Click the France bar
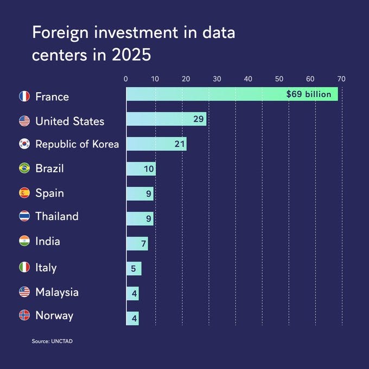click(232, 94)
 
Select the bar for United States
click(166, 119)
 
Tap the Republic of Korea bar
click(156, 144)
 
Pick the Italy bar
click(134, 269)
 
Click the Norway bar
click(132, 319)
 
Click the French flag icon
click(24, 96)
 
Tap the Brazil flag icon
click(24, 168)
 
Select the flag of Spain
click(24, 193)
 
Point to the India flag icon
click(24, 241)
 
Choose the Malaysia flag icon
click(24, 292)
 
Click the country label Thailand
click(57, 216)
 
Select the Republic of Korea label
click(77, 144)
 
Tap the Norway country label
click(54, 316)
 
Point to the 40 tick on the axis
click(248, 79)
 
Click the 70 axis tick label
click(341, 79)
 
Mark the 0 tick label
click(126, 79)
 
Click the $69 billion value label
click(309, 94)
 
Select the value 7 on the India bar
click(144, 244)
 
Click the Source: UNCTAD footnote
click(52, 341)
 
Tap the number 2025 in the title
click(131, 55)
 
